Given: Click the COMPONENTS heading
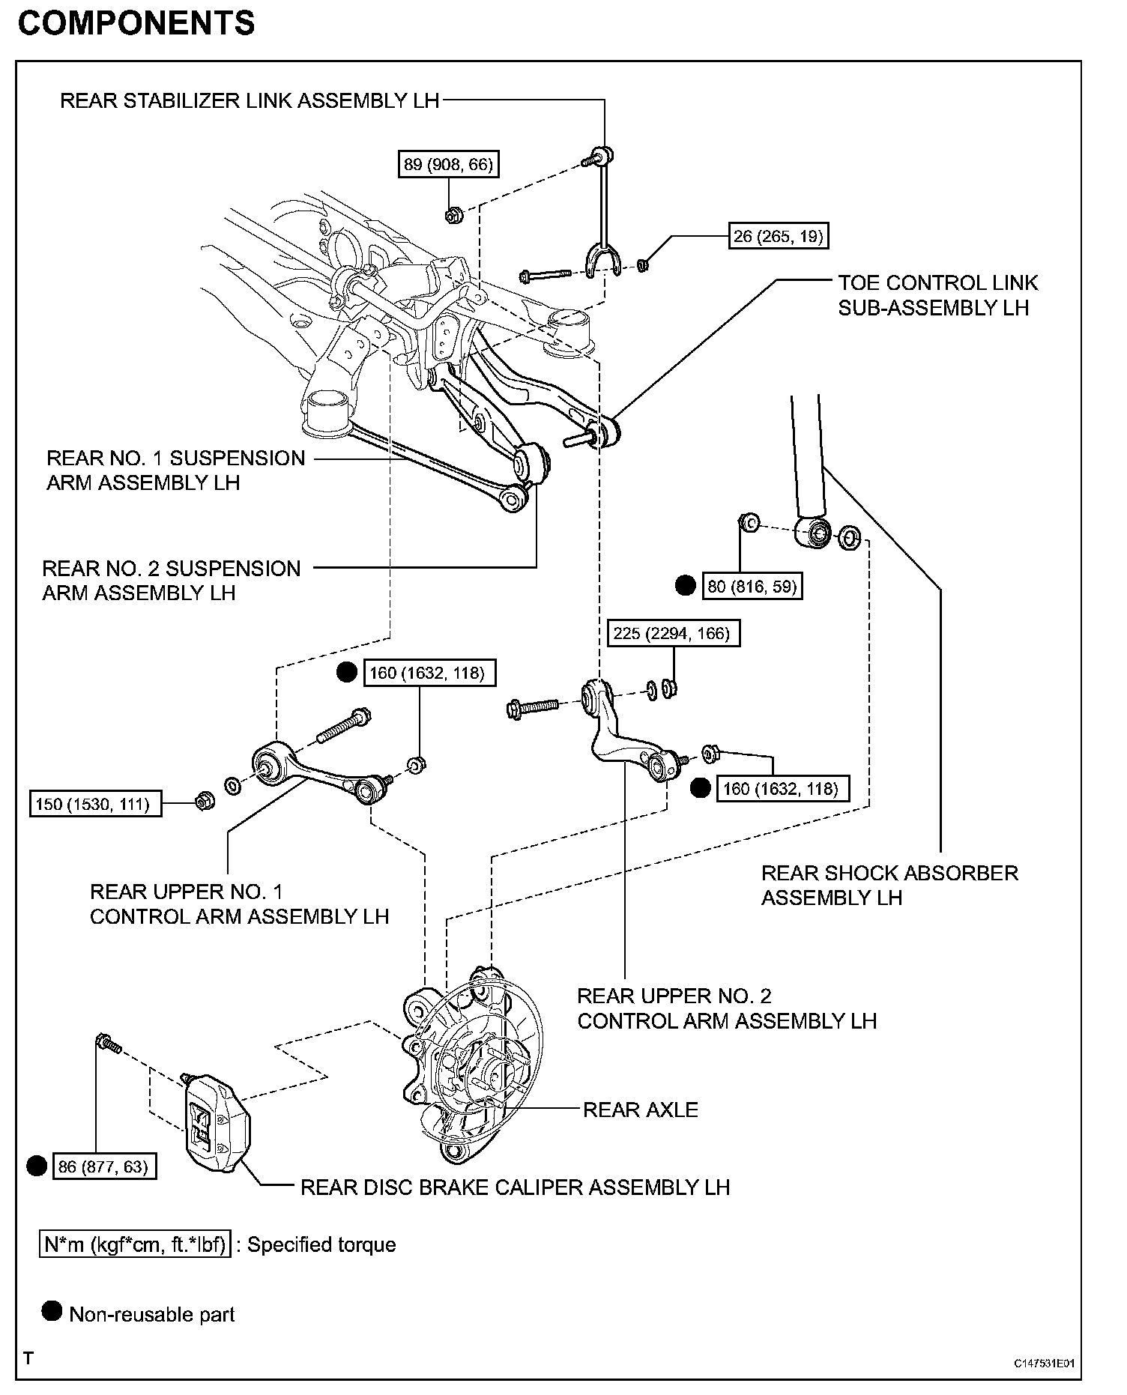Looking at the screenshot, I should [136, 24].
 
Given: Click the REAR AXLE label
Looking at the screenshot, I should [640, 1110].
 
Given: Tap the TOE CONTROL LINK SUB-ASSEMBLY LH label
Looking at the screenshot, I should [937, 295].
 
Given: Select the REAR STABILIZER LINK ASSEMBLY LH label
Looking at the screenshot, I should [249, 101].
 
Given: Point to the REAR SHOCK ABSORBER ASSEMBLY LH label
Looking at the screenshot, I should [889, 885].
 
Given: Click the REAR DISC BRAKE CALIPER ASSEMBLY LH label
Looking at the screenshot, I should [515, 1187].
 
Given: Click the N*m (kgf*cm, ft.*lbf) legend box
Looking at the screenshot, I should [135, 1244].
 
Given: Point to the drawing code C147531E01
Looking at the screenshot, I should [1045, 1364].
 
